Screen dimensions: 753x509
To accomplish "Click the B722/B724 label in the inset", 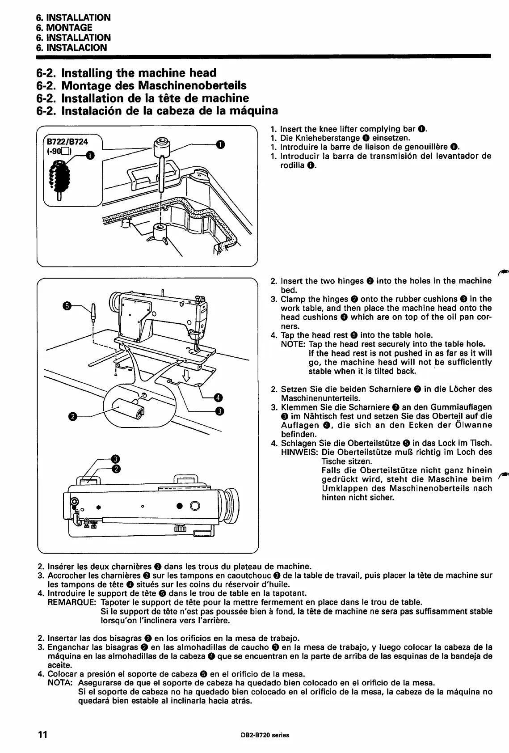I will [x=68, y=141].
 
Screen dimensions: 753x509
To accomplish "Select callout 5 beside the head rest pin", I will [x=67, y=306].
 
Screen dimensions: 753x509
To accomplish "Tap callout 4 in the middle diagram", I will [x=219, y=397].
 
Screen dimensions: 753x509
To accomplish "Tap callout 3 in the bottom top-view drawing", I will [x=116, y=458].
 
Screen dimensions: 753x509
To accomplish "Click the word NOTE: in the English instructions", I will [x=293, y=344].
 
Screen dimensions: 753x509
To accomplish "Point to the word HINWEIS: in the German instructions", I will [x=299, y=452].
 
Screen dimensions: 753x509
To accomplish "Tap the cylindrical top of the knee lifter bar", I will [x=161, y=145].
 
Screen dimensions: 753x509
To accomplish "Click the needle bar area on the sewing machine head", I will [x=195, y=340].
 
